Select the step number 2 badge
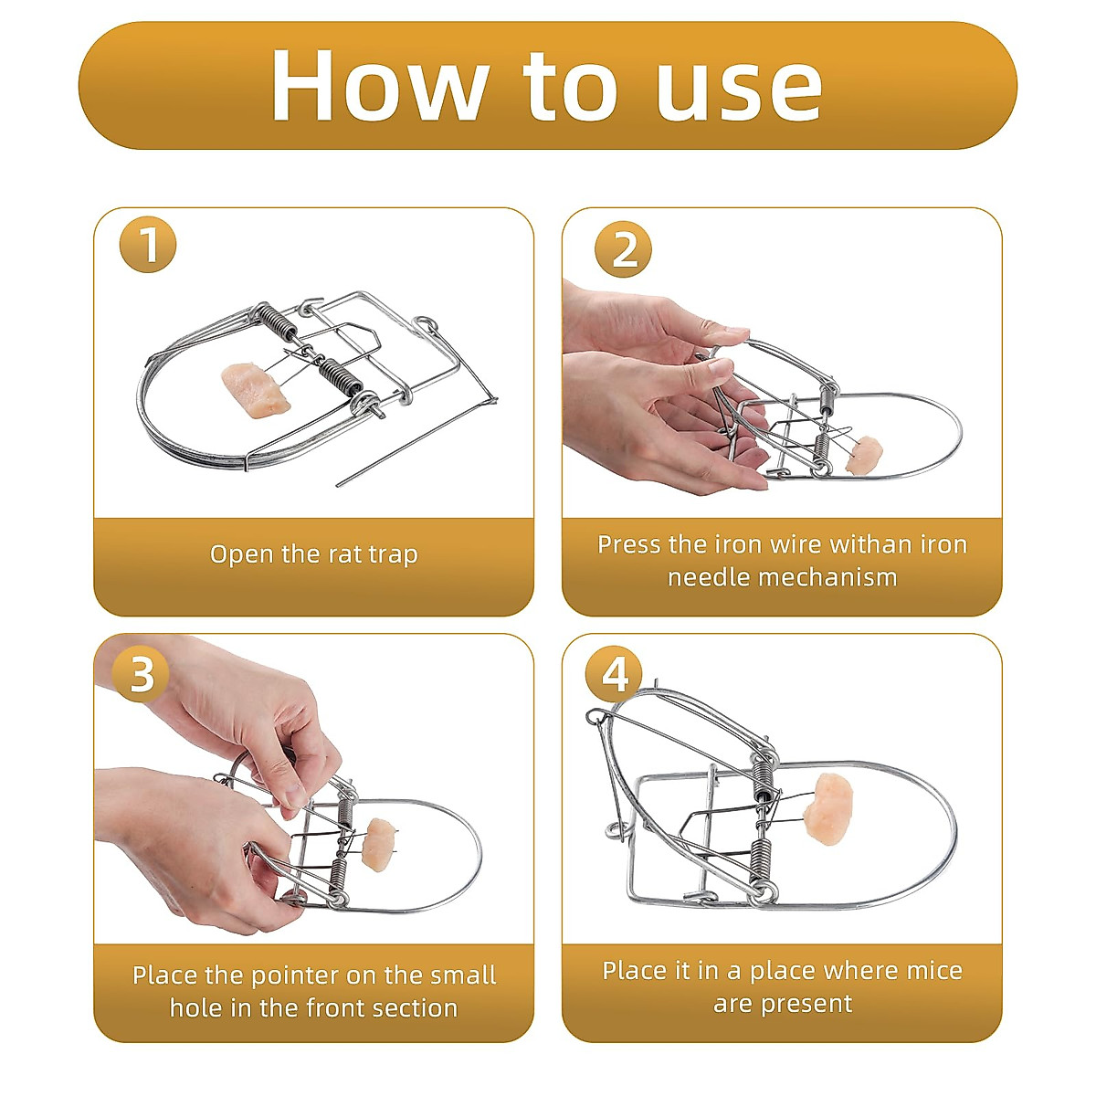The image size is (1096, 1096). coord(623,249)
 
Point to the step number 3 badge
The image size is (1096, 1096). coord(141,675)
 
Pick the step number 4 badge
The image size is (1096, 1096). coord(615,675)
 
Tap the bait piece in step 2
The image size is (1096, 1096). coord(864,455)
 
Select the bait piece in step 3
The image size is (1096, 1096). coord(379,844)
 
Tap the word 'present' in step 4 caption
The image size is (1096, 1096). coord(809,1004)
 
